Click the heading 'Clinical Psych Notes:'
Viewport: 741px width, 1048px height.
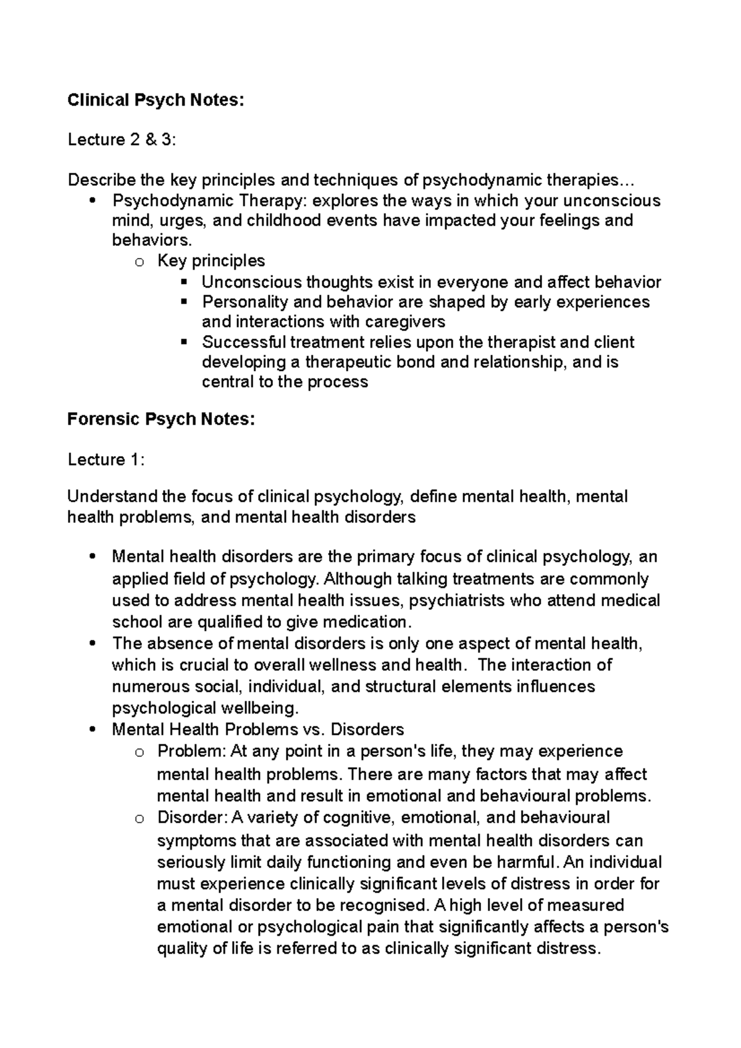click(156, 100)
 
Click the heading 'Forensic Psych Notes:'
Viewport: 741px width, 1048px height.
click(161, 420)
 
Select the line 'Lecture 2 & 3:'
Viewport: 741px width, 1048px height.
click(122, 140)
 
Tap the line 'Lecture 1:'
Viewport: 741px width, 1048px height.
click(106, 460)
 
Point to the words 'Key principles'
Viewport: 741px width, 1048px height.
click(211, 261)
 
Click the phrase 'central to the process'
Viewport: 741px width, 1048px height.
click(285, 382)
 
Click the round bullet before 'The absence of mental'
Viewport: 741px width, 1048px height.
click(92, 644)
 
